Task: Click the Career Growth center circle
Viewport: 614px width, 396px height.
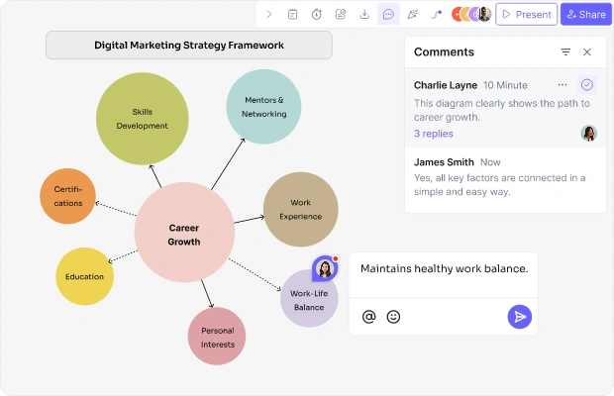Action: click(184, 233)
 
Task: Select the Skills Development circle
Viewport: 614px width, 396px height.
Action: click(143, 119)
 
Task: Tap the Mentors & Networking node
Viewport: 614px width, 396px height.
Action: click(263, 107)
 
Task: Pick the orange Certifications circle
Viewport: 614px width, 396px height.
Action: click(67, 196)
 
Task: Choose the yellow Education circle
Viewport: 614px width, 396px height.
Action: click(84, 276)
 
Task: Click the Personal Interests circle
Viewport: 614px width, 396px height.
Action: click(217, 337)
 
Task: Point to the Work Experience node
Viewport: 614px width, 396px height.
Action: click(301, 209)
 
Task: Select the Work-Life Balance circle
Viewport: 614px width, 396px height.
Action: click(309, 298)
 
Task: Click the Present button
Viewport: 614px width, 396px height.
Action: click(526, 15)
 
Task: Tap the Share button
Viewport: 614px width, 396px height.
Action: click(586, 15)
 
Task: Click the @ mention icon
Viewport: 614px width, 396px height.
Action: click(368, 317)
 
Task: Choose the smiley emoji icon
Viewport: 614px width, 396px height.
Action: click(393, 317)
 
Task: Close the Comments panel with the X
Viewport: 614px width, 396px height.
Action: click(586, 52)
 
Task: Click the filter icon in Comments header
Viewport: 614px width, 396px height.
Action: click(565, 52)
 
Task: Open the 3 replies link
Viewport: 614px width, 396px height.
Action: click(434, 134)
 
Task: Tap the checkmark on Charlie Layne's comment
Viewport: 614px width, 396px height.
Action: click(586, 85)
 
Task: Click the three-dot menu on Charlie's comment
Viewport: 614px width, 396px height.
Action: click(563, 85)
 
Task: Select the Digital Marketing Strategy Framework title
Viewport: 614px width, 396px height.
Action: click(189, 46)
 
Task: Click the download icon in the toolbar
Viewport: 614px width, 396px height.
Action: click(364, 15)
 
